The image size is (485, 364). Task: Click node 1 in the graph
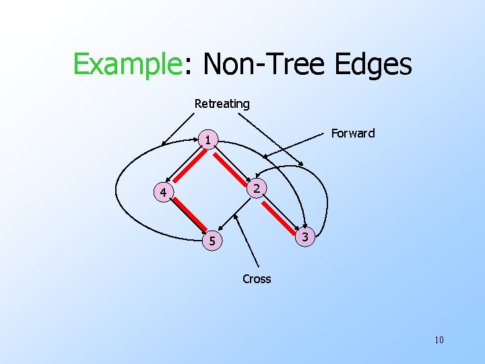(x=209, y=140)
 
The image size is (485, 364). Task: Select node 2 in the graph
(x=257, y=188)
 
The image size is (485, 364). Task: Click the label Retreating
(x=222, y=104)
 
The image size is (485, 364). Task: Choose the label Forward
(x=353, y=133)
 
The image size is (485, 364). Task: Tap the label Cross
(x=257, y=279)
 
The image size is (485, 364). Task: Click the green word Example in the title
(x=126, y=65)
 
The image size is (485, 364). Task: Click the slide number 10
(x=439, y=340)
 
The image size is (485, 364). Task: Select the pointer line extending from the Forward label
(x=296, y=146)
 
